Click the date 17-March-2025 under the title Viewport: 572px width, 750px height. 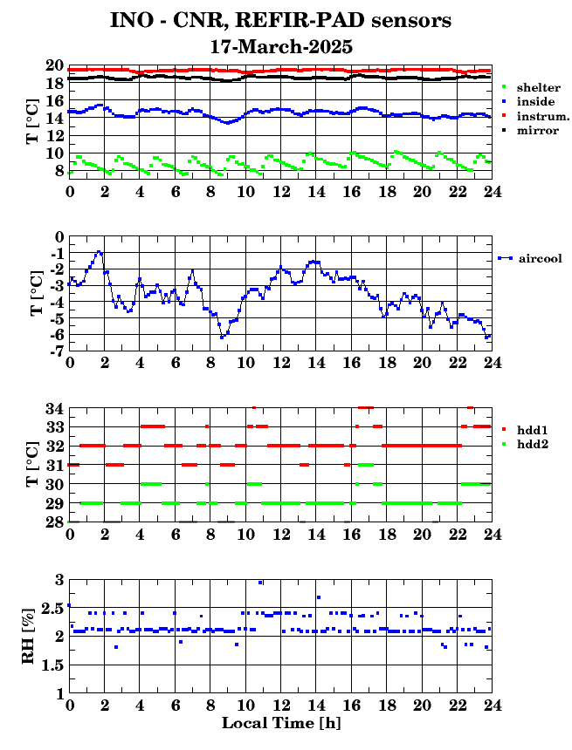pos(282,47)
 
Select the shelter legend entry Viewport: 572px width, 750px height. pos(531,87)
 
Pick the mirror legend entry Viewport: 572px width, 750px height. pos(530,131)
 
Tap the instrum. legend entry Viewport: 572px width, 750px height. pos(535,116)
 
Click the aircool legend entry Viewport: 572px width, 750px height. pos(530,258)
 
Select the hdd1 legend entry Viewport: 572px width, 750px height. pos(525,430)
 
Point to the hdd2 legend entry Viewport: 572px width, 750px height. pos(525,445)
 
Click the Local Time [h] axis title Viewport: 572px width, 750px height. pos(282,723)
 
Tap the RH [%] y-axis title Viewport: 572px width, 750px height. pos(28,636)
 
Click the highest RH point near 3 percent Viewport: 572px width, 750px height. pos(260,583)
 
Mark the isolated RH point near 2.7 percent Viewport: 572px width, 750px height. pos(319,597)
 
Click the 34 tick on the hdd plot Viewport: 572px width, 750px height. pos(55,409)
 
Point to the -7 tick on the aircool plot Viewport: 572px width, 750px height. pos(58,351)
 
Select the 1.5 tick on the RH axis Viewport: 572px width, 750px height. pos(52,665)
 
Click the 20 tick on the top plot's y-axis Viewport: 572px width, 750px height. pos(55,65)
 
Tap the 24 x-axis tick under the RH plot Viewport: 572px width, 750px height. pos(492,705)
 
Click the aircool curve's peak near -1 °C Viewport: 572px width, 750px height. pos(98,251)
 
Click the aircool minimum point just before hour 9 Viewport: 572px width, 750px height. pos(222,337)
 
